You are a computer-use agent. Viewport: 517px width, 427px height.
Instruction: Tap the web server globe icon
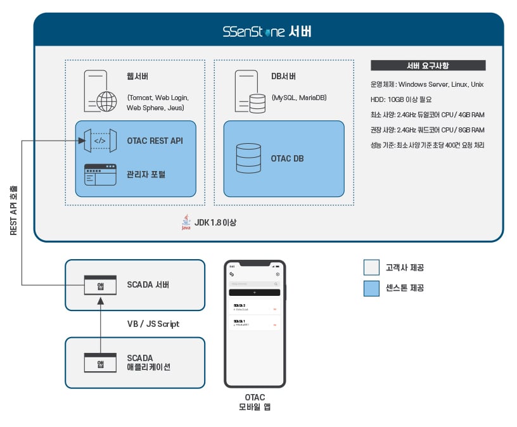coord(106,101)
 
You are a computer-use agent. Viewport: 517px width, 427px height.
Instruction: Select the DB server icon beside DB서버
coord(250,91)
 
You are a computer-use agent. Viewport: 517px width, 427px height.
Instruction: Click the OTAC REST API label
coord(155,141)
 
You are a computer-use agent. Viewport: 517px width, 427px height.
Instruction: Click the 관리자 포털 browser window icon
coord(100,174)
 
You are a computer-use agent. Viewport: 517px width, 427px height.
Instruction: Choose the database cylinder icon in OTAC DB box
coord(248,158)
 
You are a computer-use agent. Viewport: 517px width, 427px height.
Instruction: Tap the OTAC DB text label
coord(287,158)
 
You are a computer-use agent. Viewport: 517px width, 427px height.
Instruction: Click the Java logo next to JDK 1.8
coord(186,222)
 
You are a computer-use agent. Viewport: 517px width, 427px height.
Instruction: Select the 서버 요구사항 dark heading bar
coord(428,65)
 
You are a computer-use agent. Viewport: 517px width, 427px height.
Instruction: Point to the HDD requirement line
coord(402,99)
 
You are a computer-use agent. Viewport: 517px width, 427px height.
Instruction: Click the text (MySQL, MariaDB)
coord(299,98)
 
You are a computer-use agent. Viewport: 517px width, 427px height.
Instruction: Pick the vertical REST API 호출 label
coord(14,210)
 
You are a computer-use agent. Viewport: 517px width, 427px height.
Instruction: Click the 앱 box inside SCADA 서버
coord(100,285)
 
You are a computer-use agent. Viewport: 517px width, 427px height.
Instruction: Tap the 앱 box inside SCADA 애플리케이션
coord(100,363)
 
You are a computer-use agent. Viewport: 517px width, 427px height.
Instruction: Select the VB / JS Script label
coord(153,324)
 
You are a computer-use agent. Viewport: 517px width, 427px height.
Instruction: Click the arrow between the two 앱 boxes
coord(100,324)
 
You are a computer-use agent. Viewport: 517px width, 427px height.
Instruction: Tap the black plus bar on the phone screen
coord(254,293)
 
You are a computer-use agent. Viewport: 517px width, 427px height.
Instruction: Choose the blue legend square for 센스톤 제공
coord(371,288)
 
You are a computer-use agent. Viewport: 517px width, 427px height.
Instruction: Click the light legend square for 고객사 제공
coord(371,267)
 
